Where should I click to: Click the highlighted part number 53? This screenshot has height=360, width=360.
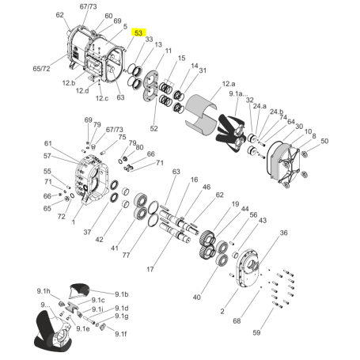pyautogui.click(x=138, y=32)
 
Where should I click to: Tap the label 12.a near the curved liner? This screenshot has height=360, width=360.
pyautogui.click(x=229, y=84)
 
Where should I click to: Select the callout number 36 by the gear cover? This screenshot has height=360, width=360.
pyautogui.click(x=283, y=233)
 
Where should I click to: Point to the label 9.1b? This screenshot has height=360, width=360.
pyautogui.click(x=121, y=294)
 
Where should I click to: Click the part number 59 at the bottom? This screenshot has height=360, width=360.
pyautogui.click(x=256, y=332)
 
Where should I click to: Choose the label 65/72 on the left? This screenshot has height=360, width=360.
pyautogui.click(x=41, y=69)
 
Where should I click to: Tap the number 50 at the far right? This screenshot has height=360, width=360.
pyautogui.click(x=324, y=141)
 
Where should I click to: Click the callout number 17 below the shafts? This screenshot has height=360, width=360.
pyautogui.click(x=150, y=269)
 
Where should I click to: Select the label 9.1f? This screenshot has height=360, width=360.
pyautogui.click(x=121, y=334)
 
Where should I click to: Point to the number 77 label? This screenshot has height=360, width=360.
pyautogui.click(x=126, y=255)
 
